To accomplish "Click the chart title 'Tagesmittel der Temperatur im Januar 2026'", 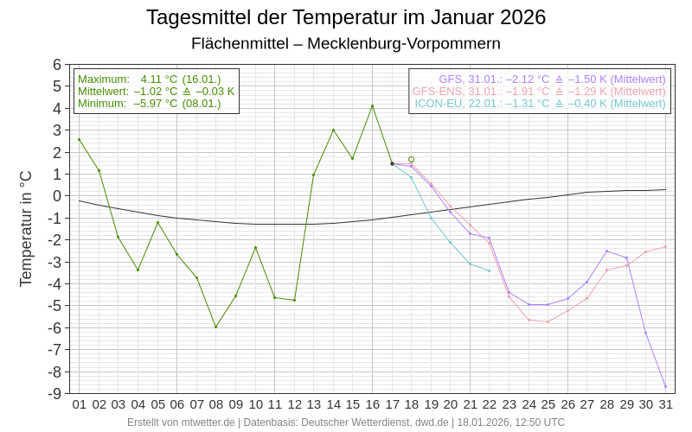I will click(346, 17).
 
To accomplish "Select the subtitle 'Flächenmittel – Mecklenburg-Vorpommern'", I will click(346, 43).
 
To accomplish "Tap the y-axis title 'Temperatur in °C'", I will click(26, 228).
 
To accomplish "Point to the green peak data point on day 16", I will click(372, 106).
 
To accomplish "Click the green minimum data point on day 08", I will click(215, 327).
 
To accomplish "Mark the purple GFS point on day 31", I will click(665, 386).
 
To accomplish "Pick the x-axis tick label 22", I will click(490, 403).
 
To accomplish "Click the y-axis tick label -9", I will click(56, 393).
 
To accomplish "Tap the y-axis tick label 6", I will click(57, 65).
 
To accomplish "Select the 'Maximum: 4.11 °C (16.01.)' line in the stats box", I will click(149, 79).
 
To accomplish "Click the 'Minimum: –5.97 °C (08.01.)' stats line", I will click(149, 103).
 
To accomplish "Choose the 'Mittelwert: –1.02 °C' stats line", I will click(156, 91).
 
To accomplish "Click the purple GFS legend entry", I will click(552, 79).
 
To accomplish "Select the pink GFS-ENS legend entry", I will click(539, 91).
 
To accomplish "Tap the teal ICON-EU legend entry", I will click(540, 103).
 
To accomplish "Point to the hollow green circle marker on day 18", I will click(411, 159).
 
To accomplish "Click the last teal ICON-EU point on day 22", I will click(490, 270).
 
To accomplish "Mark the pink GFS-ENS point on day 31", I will click(665, 246).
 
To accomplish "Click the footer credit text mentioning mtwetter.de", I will click(346, 422).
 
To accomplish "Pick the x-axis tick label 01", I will click(79, 403).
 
